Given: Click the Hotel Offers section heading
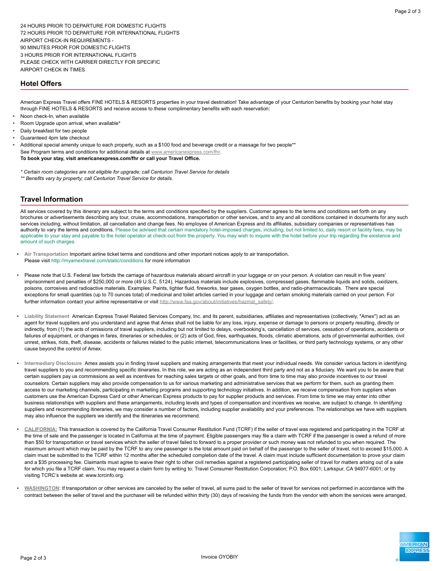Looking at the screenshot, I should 41,83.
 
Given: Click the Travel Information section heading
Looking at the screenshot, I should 51,199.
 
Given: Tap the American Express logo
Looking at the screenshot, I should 414,547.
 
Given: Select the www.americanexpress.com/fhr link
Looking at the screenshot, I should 186,152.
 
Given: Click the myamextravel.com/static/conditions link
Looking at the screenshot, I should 97,260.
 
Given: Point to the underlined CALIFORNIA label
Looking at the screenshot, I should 41,429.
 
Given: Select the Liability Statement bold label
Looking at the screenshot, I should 47,316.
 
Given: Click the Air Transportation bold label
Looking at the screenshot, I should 46,254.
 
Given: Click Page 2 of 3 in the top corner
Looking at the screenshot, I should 407,11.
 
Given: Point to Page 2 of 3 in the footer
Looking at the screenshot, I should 34,557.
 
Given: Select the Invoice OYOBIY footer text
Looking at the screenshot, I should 219,556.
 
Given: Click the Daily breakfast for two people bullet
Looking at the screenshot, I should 54,130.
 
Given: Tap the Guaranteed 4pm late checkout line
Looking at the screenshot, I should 55,138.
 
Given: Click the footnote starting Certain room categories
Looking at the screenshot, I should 125,171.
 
